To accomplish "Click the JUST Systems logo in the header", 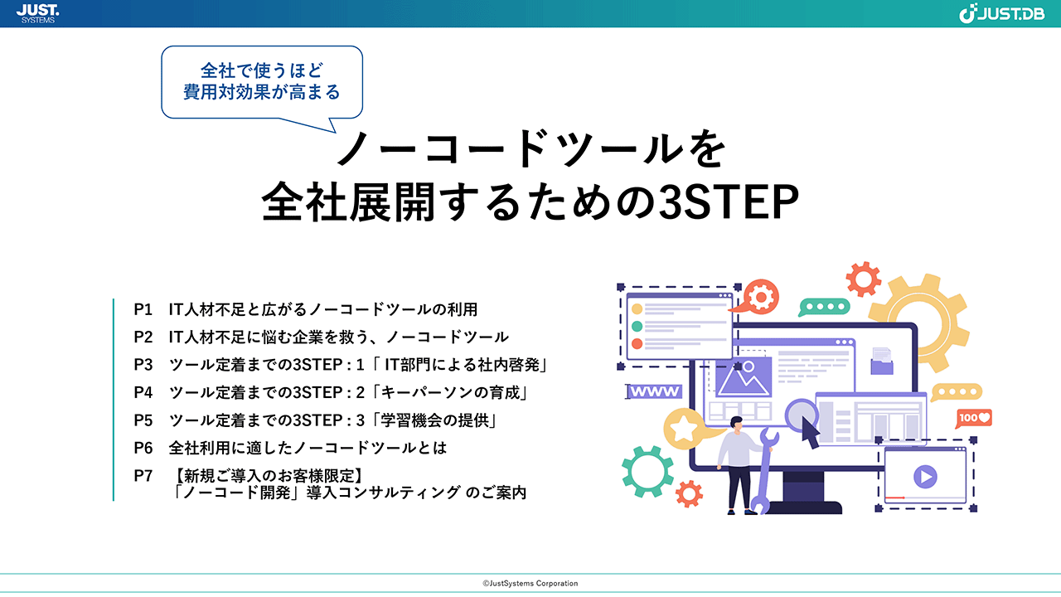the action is [38, 13].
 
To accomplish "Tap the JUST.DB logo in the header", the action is [1001, 13].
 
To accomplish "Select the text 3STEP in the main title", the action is [729, 202].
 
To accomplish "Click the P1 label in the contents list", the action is [143, 309].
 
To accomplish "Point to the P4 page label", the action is [143, 392].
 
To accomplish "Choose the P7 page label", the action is [143, 475].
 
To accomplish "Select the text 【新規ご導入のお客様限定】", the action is [268, 475].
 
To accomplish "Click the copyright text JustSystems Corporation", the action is [530, 583].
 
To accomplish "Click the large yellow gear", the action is [919, 323].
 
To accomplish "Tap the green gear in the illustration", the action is [647, 472].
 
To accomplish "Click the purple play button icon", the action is [925, 476].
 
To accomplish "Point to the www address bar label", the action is [655, 391].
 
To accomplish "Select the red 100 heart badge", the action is [974, 418].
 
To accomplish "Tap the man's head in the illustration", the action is [737, 423].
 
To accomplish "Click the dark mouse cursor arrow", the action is [809, 432].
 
